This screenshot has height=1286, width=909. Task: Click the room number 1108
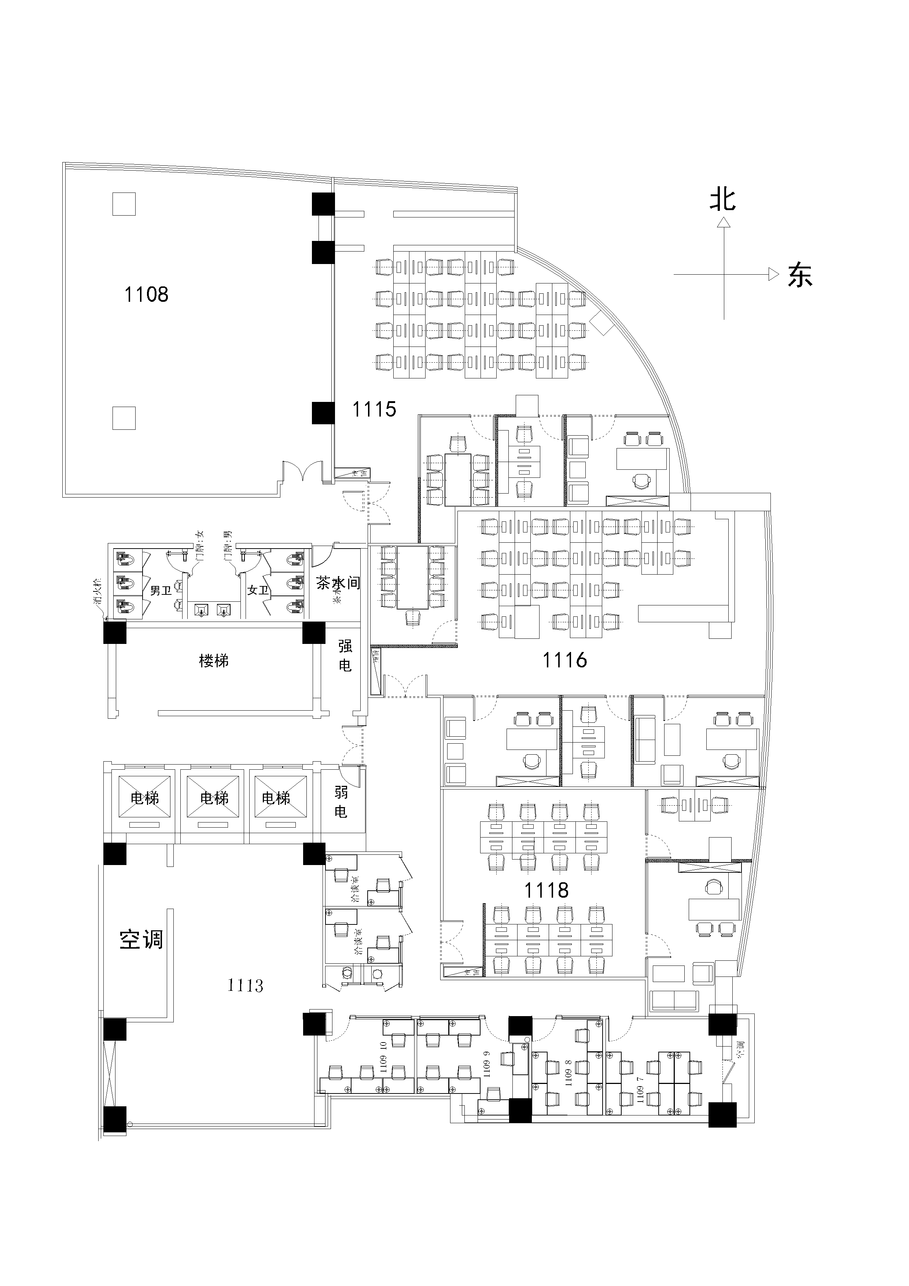tap(146, 294)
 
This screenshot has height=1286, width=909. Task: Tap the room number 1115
tap(374, 410)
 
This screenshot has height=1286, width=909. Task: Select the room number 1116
tap(564, 660)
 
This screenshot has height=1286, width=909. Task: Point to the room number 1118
tap(546, 890)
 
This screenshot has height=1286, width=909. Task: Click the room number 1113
tap(245, 985)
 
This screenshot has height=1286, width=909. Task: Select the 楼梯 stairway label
tap(214, 661)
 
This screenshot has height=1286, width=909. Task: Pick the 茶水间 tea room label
tap(338, 583)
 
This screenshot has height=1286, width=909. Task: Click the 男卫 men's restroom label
tap(161, 590)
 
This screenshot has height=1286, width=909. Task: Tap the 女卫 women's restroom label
tap(258, 590)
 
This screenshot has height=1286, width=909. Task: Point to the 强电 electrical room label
tap(345, 655)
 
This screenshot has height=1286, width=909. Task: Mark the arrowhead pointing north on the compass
tap(724, 223)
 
